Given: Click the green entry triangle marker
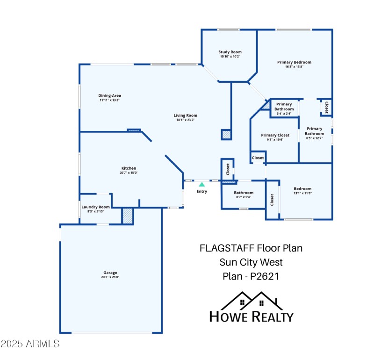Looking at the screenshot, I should pyautogui.click(x=201, y=185).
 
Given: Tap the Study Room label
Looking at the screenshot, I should pyautogui.click(x=230, y=52).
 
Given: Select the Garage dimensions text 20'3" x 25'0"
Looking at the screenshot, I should pyautogui.click(x=110, y=277).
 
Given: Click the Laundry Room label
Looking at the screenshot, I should pyautogui.click(x=95, y=207).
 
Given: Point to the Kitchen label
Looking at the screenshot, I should pyautogui.click(x=129, y=168).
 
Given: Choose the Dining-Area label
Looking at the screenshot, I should pyautogui.click(x=109, y=95).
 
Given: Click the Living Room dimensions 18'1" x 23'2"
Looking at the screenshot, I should pyautogui.click(x=186, y=120).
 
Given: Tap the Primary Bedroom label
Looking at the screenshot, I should pyautogui.click(x=294, y=62).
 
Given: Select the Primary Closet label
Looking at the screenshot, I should pyautogui.click(x=275, y=135).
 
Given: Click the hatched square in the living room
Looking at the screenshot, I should pyautogui.click(x=226, y=135).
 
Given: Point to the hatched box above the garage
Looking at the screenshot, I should pyautogui.click(x=128, y=216).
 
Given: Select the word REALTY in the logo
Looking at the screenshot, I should pyautogui.click(x=273, y=317).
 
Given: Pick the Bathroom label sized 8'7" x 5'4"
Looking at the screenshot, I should pyautogui.click(x=244, y=193).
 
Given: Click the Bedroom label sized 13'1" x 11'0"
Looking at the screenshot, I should pyautogui.click(x=302, y=189).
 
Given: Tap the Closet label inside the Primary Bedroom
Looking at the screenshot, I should pyautogui.click(x=326, y=107).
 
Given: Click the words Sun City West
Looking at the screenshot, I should pyautogui.click(x=251, y=262).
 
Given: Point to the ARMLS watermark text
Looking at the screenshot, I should pyautogui.click(x=30, y=344).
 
